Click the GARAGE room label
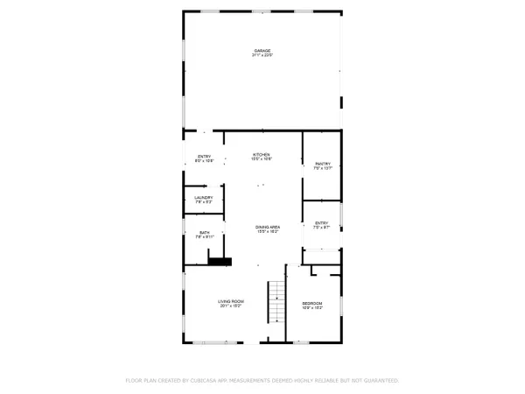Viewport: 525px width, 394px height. click(x=262, y=51)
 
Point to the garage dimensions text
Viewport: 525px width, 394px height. click(x=262, y=56)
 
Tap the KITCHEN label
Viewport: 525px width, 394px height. click(x=262, y=154)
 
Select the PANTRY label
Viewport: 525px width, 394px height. click(x=322, y=164)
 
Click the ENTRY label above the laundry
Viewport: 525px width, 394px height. click(x=203, y=157)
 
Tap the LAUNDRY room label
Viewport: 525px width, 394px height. click(x=203, y=198)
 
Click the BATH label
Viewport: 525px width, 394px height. click(x=203, y=232)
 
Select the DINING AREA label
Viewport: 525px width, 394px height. click(x=267, y=227)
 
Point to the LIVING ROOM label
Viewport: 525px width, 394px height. click(x=230, y=301)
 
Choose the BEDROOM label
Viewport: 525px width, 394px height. click(x=313, y=303)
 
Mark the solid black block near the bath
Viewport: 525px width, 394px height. click(x=219, y=259)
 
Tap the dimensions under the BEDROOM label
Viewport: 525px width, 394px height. click(x=313, y=308)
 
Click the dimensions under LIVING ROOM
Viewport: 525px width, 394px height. click(x=230, y=306)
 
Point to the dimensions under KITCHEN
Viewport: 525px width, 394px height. click(x=262, y=159)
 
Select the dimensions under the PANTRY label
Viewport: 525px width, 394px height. click(x=322, y=169)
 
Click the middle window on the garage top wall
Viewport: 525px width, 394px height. click(x=261, y=11)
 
